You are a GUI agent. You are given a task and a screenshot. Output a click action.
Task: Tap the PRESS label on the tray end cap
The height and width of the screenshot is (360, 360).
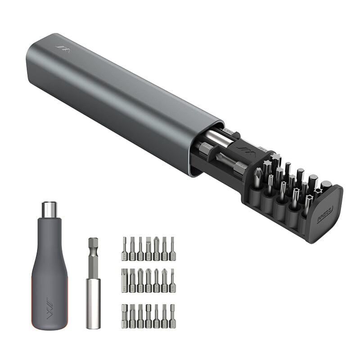coord(325,215)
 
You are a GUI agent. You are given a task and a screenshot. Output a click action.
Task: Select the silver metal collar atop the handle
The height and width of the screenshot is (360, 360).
coord(49,209)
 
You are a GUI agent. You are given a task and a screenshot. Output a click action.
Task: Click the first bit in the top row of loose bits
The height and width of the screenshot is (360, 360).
coord(124,249)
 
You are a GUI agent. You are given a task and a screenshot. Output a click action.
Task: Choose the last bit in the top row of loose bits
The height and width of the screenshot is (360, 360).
coord(172,249)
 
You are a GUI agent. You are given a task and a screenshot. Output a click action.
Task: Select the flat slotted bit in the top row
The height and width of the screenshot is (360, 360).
coord(140,249)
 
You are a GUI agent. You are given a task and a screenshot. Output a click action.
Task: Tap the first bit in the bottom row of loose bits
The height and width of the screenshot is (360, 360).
coord(124,316)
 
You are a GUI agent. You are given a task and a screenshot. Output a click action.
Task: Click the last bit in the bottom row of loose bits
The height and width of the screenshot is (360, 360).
coord(172,316)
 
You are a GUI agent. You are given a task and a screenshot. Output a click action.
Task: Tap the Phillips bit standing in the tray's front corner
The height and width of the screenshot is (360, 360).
coord(258,178)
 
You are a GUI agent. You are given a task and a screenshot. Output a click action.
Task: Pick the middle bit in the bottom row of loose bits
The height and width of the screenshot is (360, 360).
coord(148,316)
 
